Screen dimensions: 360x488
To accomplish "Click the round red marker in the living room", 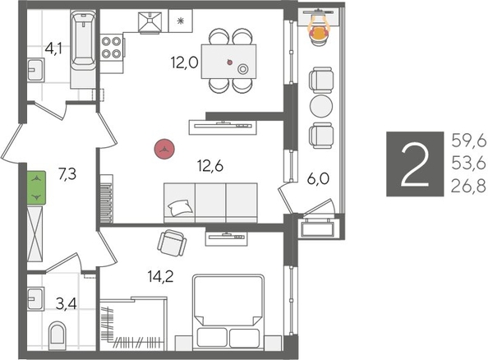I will (166, 149).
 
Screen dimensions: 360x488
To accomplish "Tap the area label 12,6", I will (210, 165).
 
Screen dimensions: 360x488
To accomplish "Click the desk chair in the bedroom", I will (172, 243).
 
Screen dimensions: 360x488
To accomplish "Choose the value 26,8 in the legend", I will (467, 187).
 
